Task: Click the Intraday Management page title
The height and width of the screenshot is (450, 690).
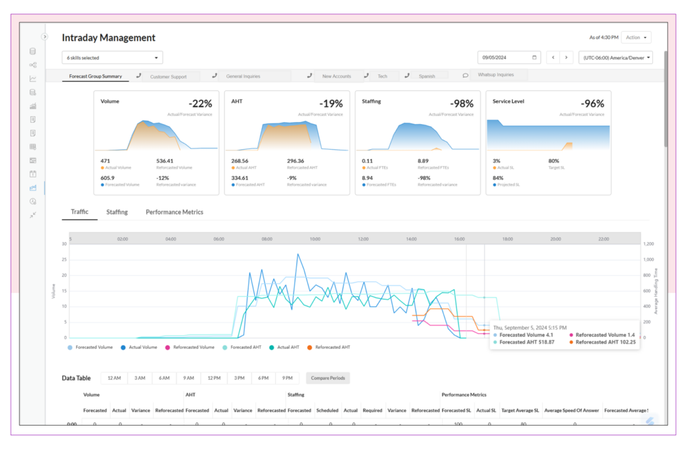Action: point(108,38)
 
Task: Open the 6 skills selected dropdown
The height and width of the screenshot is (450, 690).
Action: point(112,58)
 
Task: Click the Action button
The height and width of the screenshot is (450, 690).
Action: point(636,38)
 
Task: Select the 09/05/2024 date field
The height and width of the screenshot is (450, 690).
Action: point(509,58)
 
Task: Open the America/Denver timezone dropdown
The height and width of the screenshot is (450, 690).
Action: point(616,58)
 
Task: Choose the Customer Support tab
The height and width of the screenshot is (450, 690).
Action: point(168,77)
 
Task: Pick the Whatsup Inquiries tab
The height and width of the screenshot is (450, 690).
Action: point(495,76)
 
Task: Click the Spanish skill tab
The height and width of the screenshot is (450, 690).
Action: point(427,77)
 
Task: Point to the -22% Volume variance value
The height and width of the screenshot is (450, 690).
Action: point(200,104)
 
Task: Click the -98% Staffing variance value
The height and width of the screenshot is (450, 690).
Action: point(462,104)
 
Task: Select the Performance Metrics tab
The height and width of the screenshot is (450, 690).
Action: point(174,212)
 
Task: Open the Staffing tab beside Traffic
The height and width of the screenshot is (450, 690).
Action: point(117,212)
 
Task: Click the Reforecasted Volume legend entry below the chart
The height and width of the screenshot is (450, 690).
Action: point(193,347)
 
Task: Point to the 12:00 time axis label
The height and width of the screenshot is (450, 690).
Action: point(363,239)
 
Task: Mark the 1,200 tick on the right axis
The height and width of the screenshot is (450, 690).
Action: point(648,244)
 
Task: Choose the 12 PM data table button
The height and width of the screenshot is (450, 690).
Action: point(214,378)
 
